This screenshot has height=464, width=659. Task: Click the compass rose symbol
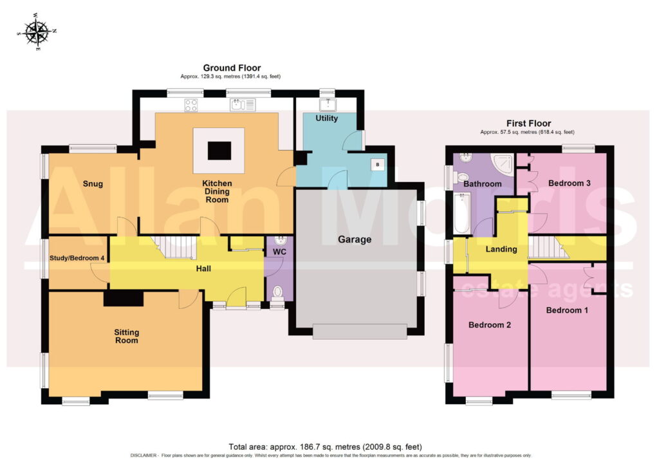tap(37, 32)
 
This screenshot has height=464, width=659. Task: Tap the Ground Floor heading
tap(232, 68)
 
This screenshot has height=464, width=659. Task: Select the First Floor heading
tap(528, 123)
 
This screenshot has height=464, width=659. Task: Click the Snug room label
tap(93, 183)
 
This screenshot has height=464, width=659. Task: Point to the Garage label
tap(355, 239)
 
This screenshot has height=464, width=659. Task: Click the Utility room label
tap(326, 118)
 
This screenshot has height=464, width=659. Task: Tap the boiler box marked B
tap(377, 164)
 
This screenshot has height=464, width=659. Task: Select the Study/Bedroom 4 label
tap(77, 258)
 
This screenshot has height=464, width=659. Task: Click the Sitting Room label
tap(127, 336)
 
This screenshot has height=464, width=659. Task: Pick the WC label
tap(279, 252)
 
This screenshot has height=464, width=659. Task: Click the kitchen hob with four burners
tap(190, 105)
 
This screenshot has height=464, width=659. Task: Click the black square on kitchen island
tap(219, 151)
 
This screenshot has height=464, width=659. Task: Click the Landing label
tap(501, 249)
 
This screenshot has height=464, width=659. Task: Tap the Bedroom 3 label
tap(570, 183)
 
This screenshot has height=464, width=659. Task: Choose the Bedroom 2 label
tap(490, 325)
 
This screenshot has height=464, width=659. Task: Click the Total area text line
tap(325, 447)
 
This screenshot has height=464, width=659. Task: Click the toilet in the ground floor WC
tap(277, 293)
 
